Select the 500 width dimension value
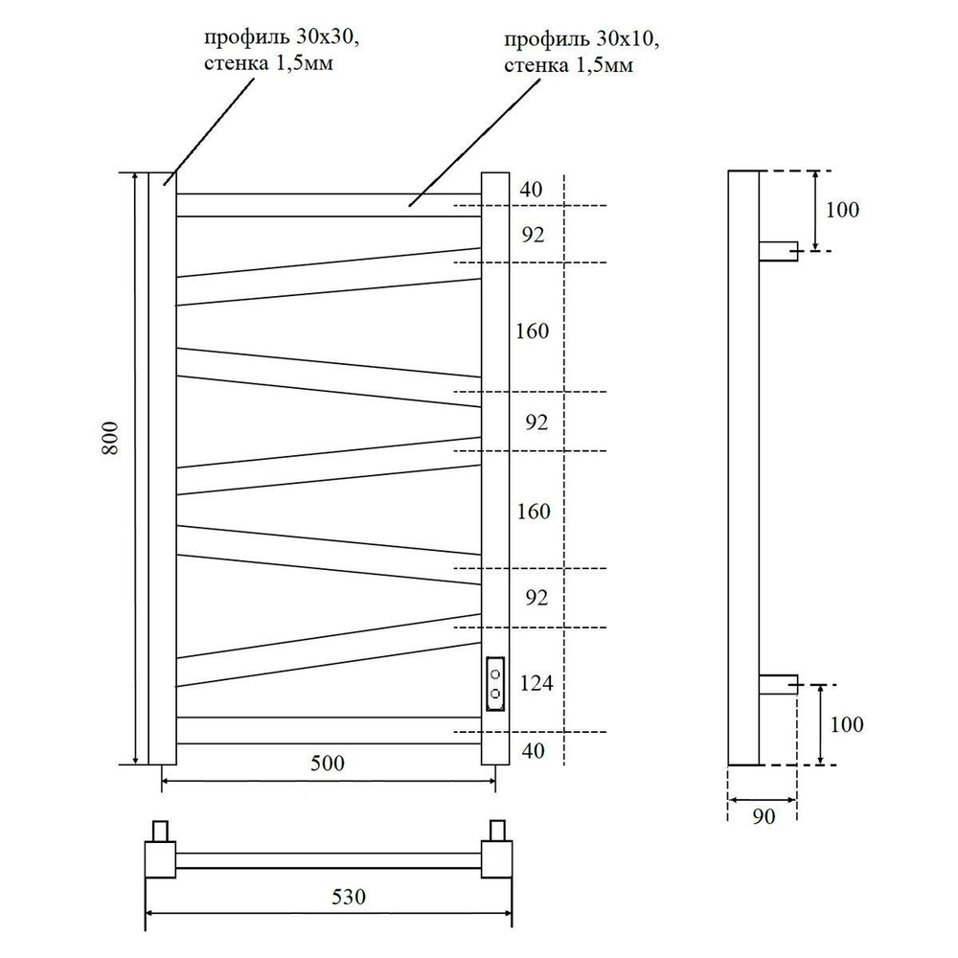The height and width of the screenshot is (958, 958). click(328, 764)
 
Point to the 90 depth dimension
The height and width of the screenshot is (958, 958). click(764, 815)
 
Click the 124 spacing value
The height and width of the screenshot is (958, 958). click(536, 684)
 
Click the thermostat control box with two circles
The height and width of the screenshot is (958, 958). click(495, 684)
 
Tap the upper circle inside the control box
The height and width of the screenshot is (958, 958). click(495, 673)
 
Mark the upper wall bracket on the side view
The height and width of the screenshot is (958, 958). click(778, 251)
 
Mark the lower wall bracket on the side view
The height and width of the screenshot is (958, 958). click(778, 684)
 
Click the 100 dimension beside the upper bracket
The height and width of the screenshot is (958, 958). click(842, 210)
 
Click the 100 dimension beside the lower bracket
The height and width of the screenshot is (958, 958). click(845, 724)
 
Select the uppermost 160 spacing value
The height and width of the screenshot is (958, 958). click(532, 331)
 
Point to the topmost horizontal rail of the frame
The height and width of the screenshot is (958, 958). click(328, 205)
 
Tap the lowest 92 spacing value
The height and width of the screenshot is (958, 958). click(536, 598)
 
